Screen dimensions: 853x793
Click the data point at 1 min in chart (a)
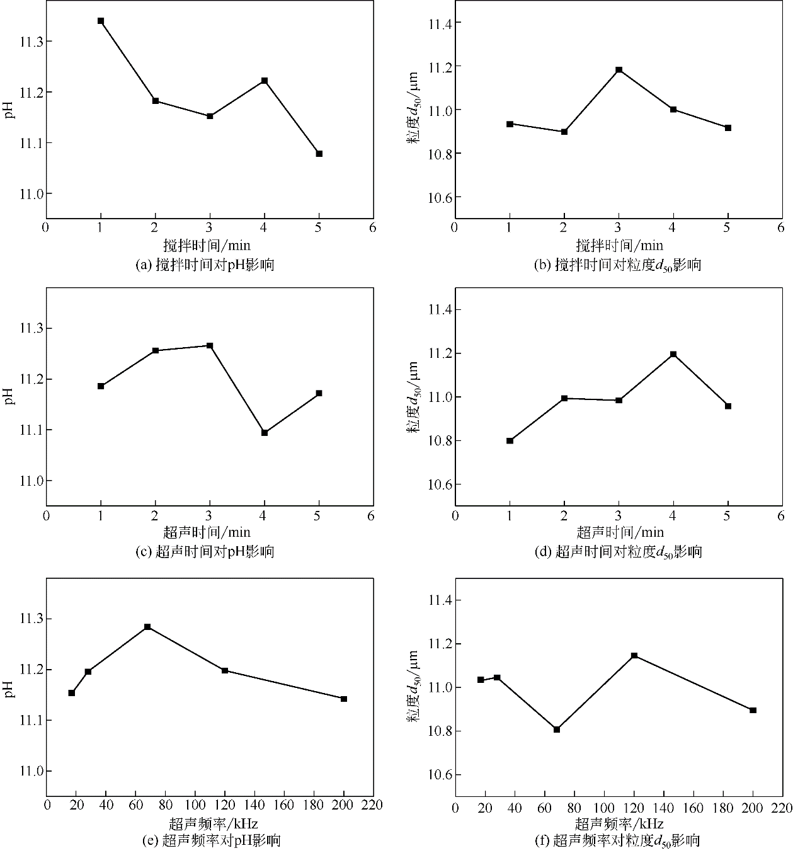(x=101, y=21)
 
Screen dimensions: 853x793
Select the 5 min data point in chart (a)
(x=319, y=154)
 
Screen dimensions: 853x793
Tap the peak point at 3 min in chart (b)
(x=619, y=70)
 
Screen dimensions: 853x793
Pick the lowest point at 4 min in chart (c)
(x=265, y=433)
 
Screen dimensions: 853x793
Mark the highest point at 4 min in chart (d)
(x=673, y=354)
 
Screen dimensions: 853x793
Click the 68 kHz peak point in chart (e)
(x=147, y=627)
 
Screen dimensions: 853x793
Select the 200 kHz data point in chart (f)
(x=753, y=710)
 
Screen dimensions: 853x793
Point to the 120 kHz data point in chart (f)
(x=634, y=656)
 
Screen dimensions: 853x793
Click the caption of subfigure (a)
(x=205, y=265)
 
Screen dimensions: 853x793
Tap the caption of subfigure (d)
(x=618, y=552)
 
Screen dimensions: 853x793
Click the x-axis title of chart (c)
(x=207, y=533)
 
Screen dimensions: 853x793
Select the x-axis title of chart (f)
(x=619, y=823)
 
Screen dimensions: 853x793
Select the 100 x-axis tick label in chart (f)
(x=604, y=808)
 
